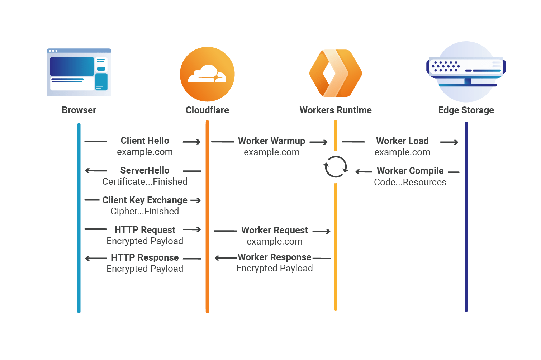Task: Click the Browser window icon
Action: (79, 72)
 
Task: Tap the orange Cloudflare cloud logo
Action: (207, 74)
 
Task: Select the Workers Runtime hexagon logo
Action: (336, 73)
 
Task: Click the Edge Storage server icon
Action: (466, 72)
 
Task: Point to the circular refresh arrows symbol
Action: (336, 167)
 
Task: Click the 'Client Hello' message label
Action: (145, 141)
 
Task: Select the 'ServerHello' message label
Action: (145, 170)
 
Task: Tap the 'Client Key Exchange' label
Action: (145, 200)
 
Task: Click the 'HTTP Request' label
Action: (145, 230)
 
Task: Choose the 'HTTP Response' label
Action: (145, 257)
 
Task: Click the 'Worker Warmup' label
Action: (271, 141)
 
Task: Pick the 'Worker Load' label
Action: (402, 141)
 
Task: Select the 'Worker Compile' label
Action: (410, 171)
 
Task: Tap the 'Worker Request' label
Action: (275, 230)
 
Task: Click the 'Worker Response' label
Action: (275, 257)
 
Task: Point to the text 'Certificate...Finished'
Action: (145, 181)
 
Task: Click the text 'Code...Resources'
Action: (410, 182)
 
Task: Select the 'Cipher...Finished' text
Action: (145, 211)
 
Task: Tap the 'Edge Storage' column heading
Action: (466, 110)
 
